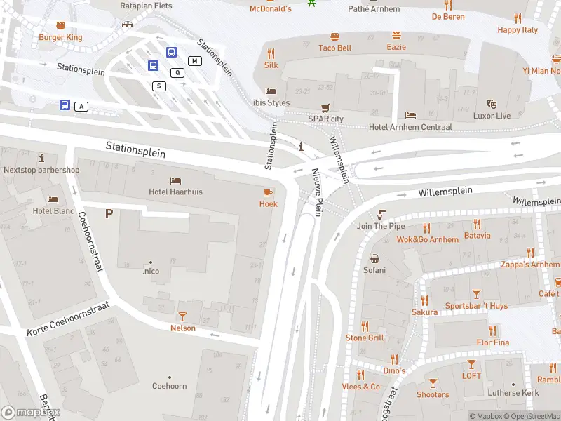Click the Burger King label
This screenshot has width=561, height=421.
[60, 37]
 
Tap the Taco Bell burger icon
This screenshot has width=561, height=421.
[335, 35]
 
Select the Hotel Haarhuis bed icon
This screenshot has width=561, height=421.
[175, 180]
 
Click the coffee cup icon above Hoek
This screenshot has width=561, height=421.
[268, 192]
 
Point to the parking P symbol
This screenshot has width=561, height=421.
[109, 213]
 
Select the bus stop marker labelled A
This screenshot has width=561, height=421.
[65, 106]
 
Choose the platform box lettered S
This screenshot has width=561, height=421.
[160, 86]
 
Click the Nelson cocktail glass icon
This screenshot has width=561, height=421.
[183, 316]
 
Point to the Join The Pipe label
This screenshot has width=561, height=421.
[381, 226]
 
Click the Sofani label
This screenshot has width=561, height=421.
[374, 270]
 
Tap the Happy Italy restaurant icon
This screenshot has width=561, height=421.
[518, 18]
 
